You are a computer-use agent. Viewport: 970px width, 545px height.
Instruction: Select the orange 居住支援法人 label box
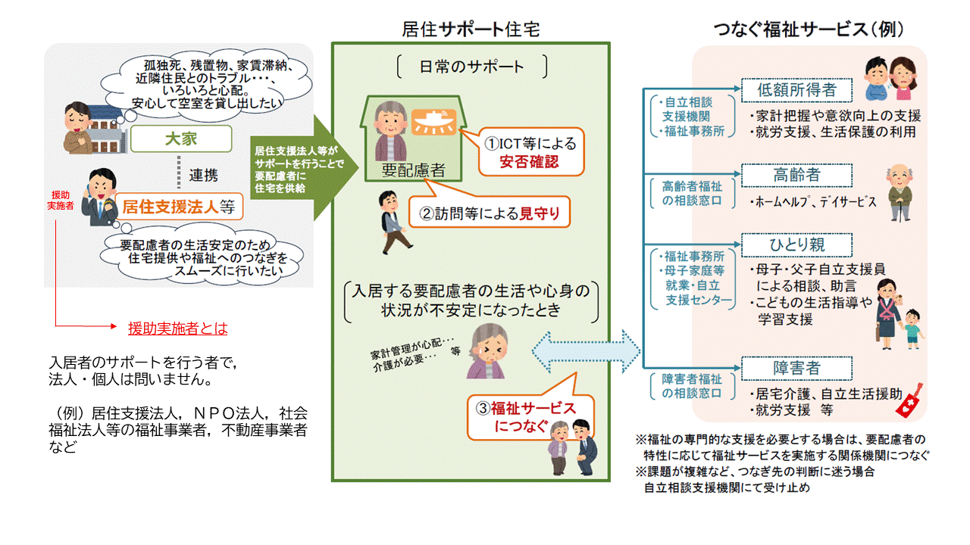[x=178, y=204]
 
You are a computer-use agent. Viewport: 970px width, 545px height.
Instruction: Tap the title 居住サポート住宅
[x=471, y=29]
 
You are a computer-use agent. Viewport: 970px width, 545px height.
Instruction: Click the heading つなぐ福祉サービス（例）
[x=809, y=29]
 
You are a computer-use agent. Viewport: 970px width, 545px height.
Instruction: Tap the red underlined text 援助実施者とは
[x=178, y=329]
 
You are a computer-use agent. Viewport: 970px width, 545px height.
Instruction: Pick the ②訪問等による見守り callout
[x=490, y=213]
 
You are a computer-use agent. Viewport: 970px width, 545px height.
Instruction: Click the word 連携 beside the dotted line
[x=203, y=176]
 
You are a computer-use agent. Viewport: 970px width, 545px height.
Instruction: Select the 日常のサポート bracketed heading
[x=471, y=66]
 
